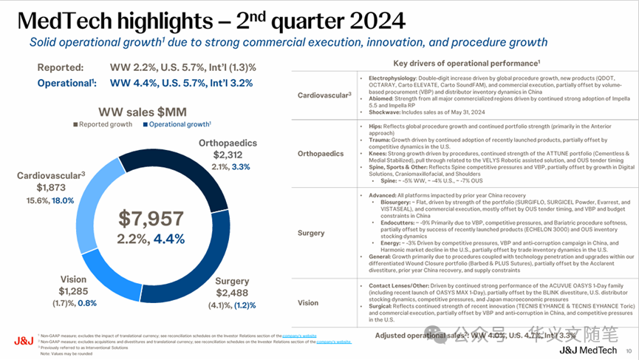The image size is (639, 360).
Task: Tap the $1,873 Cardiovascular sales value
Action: pyautogui.click(x=38, y=189)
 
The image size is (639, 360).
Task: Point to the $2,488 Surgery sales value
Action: pyautogui.click(x=232, y=296)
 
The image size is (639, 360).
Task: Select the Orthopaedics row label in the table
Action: pyautogui.click(x=321, y=154)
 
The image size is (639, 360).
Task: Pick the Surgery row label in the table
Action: pyautogui.click(x=311, y=233)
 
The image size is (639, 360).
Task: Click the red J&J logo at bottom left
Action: pyautogui.click(x=22, y=340)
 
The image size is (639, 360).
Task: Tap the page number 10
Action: pyautogui.click(x=628, y=350)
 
